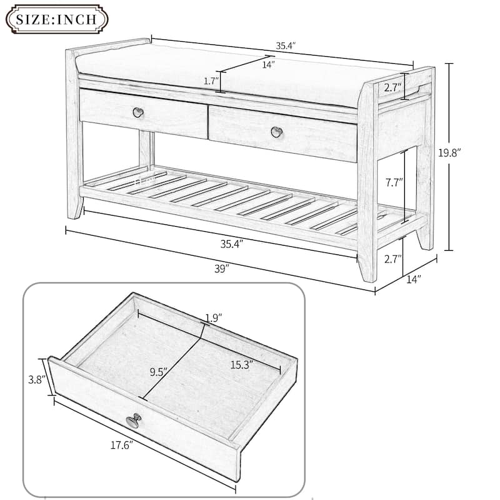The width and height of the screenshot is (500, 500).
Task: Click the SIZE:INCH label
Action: [56, 19]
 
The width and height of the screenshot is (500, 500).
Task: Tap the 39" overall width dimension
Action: [219, 268]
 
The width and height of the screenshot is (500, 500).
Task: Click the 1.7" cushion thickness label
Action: [211, 81]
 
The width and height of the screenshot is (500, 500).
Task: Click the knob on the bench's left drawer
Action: [138, 112]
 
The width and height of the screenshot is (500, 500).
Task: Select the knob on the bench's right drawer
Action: [276, 131]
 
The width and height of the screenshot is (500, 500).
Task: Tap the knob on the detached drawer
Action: [133, 422]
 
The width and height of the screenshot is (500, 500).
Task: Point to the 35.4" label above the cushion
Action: [286, 46]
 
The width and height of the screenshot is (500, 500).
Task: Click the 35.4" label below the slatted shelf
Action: [232, 244]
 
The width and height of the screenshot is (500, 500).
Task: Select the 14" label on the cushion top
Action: [268, 63]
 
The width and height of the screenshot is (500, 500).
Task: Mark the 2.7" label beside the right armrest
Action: [392, 86]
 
